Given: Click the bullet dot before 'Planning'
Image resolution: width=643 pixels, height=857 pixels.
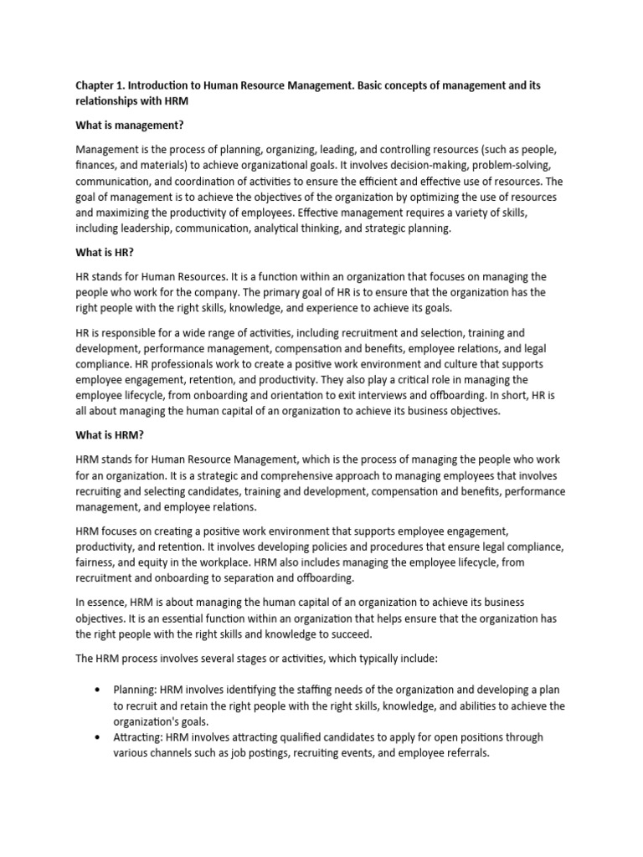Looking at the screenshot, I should (x=98, y=690).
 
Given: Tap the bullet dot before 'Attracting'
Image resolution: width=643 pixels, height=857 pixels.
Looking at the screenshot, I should (x=98, y=737).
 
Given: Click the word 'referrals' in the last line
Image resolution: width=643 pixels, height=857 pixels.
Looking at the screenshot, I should (x=460, y=752).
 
